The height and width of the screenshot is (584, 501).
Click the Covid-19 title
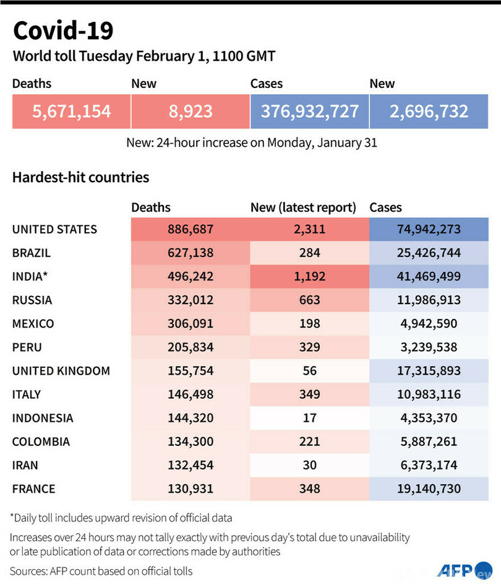click(x=63, y=30)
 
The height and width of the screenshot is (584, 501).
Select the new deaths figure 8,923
click(x=191, y=111)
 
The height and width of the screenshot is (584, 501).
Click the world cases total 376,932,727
click(x=309, y=111)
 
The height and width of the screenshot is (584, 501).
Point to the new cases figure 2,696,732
click(x=429, y=111)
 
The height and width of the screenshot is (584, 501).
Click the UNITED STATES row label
click(x=54, y=229)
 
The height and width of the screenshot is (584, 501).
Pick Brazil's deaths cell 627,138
click(x=191, y=253)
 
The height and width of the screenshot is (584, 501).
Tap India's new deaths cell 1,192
click(x=309, y=276)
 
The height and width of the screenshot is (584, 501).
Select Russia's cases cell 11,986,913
click(x=429, y=300)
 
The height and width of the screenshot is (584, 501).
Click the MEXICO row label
click(x=33, y=324)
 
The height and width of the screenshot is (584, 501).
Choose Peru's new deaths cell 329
click(x=309, y=347)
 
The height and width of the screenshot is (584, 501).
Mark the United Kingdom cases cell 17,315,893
click(x=429, y=371)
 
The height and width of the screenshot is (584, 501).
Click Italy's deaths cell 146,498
click(x=191, y=394)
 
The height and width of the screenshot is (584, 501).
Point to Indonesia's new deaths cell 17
click(x=309, y=418)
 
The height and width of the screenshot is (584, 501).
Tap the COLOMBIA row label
click(x=41, y=442)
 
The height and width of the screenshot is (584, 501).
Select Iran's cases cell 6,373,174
click(x=429, y=465)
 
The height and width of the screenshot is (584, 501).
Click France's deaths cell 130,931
click(x=191, y=489)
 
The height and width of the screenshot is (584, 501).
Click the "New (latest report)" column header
click(x=303, y=208)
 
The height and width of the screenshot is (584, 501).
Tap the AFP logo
click(x=455, y=569)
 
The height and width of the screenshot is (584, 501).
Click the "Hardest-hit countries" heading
click(x=80, y=178)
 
